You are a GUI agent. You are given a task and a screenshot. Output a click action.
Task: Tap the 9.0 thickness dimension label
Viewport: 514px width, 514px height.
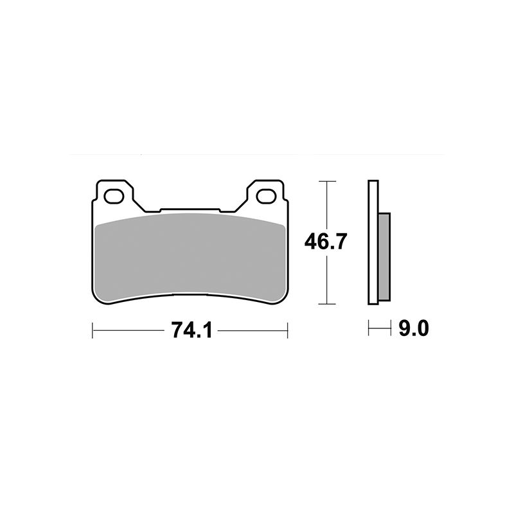[x=413, y=330]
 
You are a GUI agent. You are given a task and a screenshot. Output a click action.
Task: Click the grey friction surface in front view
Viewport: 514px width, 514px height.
[x=190, y=257]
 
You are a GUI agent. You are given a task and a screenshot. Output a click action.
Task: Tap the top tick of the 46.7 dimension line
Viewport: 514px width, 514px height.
[x=328, y=182]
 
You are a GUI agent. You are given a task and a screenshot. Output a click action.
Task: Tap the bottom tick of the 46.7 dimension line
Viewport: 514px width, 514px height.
[x=328, y=303]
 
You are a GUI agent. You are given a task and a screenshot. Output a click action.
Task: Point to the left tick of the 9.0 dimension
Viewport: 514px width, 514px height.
[x=369, y=330]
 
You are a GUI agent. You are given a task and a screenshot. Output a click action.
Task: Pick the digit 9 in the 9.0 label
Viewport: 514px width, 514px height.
[x=403, y=330]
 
